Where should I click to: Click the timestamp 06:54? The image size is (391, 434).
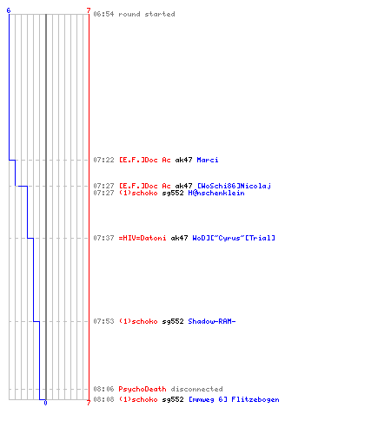(x=103, y=14)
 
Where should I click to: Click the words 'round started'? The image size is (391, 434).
(x=147, y=14)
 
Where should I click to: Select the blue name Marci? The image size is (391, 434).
(x=208, y=160)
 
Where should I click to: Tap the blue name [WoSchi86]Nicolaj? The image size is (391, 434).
(x=234, y=186)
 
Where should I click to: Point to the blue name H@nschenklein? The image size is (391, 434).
(x=216, y=193)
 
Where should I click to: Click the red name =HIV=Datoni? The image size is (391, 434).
(x=142, y=238)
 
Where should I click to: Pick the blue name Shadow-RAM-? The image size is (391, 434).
(x=212, y=321)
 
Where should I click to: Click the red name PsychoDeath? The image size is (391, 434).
(x=142, y=389)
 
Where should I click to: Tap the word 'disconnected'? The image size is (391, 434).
(x=196, y=389)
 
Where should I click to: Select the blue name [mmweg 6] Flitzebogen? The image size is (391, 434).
(x=234, y=399)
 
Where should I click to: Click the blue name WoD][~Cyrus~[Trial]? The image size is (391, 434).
(x=234, y=238)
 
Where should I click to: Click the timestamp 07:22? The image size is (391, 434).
(x=103, y=160)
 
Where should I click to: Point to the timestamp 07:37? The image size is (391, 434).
(x=103, y=238)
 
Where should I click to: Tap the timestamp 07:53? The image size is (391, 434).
(x=103, y=321)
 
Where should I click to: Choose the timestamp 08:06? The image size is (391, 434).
(x=103, y=389)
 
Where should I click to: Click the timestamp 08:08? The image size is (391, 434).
(x=103, y=399)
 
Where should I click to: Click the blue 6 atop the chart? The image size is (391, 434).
(x=9, y=10)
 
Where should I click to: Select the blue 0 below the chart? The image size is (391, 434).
(x=45, y=403)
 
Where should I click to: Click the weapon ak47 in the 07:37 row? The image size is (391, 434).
(x=179, y=238)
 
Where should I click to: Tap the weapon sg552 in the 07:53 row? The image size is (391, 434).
(x=173, y=321)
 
